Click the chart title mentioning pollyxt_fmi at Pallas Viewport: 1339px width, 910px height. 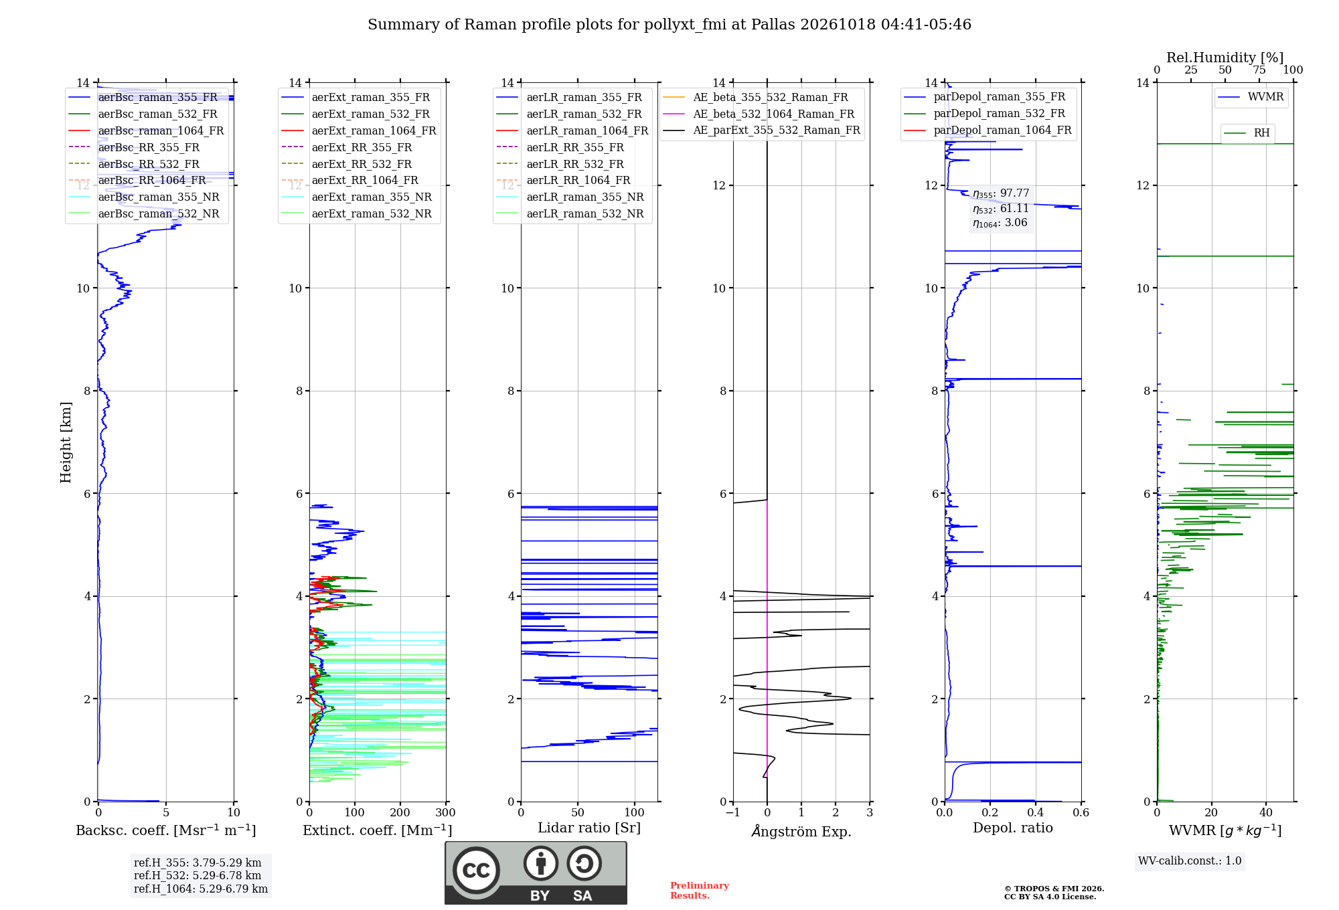669,25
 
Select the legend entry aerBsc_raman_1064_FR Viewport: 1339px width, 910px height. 146,130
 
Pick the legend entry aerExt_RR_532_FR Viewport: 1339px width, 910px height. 347,164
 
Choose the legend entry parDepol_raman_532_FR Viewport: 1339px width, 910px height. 985,114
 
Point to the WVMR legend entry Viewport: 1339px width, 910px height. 1251,97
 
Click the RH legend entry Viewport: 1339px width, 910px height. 1247,133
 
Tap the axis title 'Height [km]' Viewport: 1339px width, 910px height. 66,442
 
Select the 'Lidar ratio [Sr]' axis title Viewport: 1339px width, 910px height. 589,828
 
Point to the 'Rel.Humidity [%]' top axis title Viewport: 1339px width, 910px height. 1225,58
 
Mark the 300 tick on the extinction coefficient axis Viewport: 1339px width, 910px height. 445,813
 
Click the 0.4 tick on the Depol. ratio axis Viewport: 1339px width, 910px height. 1036,813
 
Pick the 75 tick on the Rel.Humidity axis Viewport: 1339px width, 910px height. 1259,70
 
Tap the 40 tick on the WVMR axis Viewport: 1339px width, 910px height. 1266,813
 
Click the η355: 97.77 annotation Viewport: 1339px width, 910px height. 1001,193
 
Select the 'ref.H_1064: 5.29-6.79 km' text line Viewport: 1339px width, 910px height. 201,889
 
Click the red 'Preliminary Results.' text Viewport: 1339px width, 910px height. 700,891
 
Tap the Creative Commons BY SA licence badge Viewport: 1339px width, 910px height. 536,873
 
